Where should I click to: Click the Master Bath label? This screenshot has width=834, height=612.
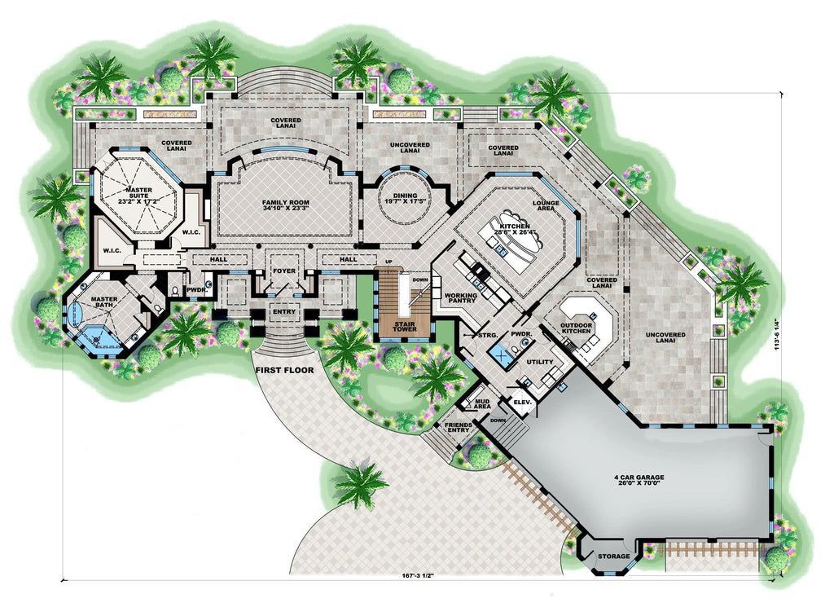tap(105, 303)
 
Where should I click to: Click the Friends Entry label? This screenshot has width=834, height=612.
tap(459, 428)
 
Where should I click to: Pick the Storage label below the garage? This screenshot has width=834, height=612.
tap(613, 557)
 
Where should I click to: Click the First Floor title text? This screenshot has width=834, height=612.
tap(283, 371)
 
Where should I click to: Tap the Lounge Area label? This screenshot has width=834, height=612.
tap(545, 206)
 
